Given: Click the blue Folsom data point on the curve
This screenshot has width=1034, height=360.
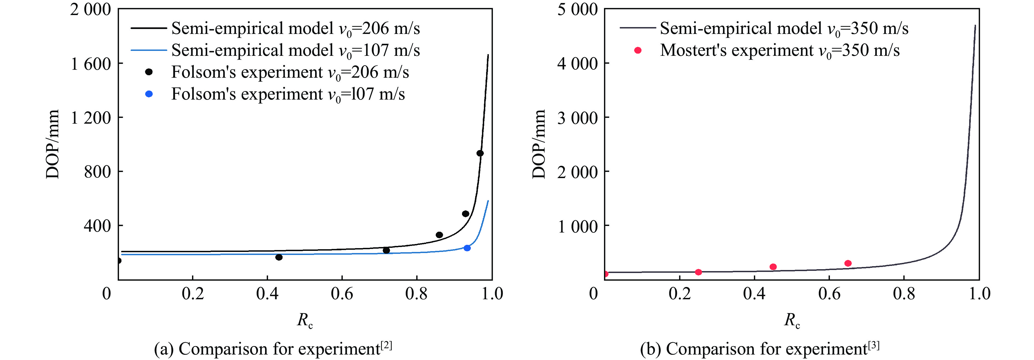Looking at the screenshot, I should (467, 248).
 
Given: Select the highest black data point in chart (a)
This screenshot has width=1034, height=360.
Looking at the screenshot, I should (480, 153).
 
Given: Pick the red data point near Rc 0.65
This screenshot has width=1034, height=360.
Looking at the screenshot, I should (848, 263).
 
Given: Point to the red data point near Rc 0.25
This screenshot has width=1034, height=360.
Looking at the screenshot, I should (698, 272).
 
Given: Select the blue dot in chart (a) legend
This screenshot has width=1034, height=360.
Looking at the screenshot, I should (149, 94).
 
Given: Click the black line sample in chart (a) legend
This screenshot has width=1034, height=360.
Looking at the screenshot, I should (149, 28).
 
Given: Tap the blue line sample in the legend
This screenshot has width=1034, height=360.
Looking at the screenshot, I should (149, 50).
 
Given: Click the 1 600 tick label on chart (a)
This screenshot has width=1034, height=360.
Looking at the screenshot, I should (91, 64).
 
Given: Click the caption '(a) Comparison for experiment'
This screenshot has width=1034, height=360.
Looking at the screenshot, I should (273, 348).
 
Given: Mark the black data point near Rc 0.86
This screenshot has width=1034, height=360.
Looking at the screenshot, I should (439, 235).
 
